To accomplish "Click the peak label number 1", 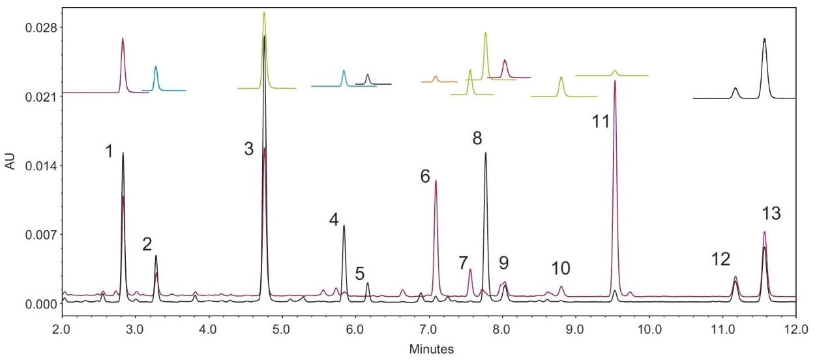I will (x=109, y=152).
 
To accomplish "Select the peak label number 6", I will (x=425, y=176).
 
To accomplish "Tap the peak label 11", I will (x=601, y=121).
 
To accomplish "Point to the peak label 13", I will (x=771, y=213).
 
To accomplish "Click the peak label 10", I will (x=561, y=268).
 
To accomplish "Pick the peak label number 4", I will (x=334, y=220).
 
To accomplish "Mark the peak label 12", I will (x=720, y=260).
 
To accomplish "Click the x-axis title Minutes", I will (x=431, y=349).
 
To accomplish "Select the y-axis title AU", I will (x=10, y=163).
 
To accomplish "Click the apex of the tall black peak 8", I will (x=486, y=153).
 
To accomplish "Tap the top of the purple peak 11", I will (x=615, y=82).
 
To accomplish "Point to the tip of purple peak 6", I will (x=436, y=181).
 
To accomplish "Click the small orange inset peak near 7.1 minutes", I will (x=436, y=77).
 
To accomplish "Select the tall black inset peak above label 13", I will (x=764, y=39).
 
